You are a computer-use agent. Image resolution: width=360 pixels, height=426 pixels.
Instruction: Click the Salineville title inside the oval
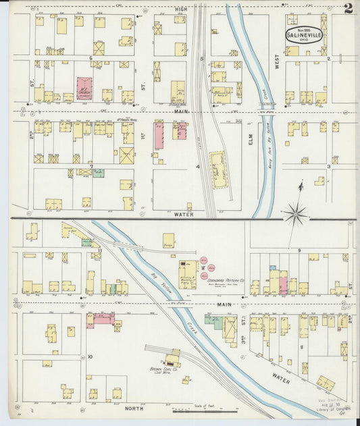coord(303,35)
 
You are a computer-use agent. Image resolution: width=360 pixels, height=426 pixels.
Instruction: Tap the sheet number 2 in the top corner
coord(348,9)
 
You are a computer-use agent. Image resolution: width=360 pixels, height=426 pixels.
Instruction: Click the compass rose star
coord(295,215)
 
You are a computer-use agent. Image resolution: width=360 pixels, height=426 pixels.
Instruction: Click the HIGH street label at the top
coord(181,8)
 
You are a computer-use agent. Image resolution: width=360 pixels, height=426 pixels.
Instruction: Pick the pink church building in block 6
coord(84,89)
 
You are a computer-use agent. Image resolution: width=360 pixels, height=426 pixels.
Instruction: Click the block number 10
coord(89,354)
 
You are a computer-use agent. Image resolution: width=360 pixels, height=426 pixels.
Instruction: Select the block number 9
coord(298,250)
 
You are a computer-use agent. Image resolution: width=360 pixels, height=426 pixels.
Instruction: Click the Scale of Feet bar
coord(203,410)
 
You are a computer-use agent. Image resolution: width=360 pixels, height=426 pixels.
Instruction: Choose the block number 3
coord(328,165)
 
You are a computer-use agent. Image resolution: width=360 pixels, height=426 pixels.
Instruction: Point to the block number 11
coord(98,250)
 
